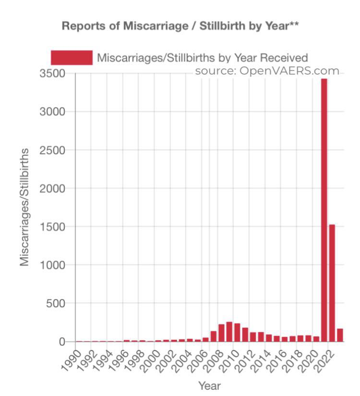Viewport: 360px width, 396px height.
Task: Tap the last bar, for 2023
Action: pyautogui.click(x=340, y=335)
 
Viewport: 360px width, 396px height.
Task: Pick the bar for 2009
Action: pyautogui.click(x=229, y=332)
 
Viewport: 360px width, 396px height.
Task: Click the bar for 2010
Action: pyautogui.click(x=237, y=333)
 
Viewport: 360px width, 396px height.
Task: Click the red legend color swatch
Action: pyautogui.click(x=72, y=58)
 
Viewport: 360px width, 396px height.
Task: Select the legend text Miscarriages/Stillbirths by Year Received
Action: pyautogui.click(x=202, y=58)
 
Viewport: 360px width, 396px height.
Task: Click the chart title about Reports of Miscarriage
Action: pyautogui.click(x=180, y=26)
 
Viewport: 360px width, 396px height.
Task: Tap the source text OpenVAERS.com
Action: pyautogui.click(x=267, y=71)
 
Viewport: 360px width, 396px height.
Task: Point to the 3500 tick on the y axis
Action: pyautogui.click(x=54, y=73)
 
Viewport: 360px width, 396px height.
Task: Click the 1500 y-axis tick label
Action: pyautogui.click(x=54, y=227)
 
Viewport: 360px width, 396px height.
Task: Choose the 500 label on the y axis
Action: pyautogui.click(x=58, y=303)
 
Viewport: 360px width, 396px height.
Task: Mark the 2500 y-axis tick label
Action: pyautogui.click(x=54, y=150)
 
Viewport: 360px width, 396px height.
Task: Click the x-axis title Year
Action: pyautogui.click(x=209, y=385)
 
